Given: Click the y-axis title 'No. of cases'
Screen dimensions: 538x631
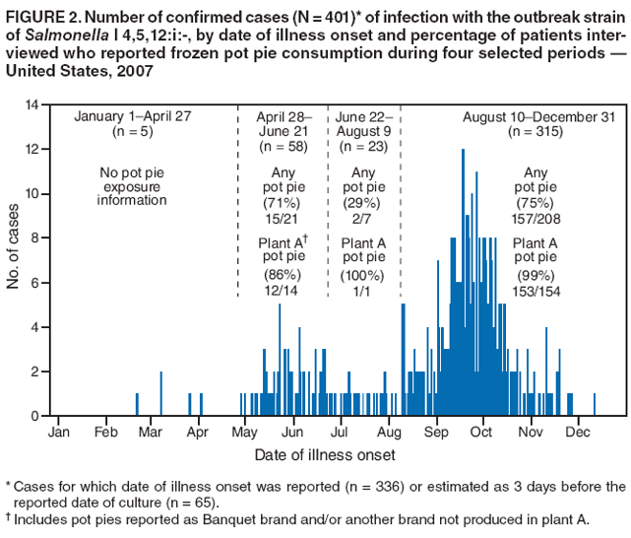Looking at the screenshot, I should point(14,246).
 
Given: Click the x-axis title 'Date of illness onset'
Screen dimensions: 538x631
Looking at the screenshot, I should point(325,455).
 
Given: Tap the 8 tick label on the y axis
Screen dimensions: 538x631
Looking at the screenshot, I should point(33,237).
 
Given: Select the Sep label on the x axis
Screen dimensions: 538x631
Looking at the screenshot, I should point(437,432).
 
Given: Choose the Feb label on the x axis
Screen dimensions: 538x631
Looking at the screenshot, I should point(106,432).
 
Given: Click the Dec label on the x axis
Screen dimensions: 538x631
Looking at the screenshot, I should point(578,432).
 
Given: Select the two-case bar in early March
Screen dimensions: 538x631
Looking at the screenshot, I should point(160,393).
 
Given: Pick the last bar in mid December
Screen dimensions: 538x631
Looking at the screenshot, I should point(595,405).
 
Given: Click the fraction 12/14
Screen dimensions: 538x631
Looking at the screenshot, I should point(282,290).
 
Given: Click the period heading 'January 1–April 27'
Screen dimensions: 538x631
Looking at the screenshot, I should point(133,115).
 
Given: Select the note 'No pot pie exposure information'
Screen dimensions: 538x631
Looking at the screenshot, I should point(133,186).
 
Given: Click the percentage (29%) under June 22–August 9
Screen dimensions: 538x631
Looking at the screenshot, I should point(362,202).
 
